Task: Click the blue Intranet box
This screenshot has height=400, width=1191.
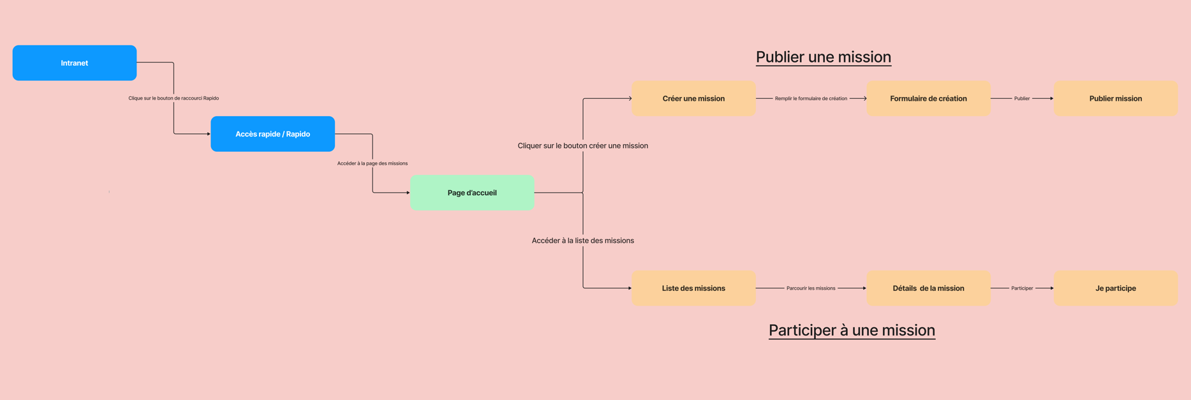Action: click(75, 63)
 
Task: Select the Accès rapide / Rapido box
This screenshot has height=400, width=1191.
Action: click(272, 134)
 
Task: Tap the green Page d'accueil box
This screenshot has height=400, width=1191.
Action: click(472, 193)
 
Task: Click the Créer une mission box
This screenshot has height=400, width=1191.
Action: click(693, 98)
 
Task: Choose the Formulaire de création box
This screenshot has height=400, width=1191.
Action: click(928, 98)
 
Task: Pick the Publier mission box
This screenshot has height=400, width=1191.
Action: click(1115, 98)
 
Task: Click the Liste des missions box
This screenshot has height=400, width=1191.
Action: click(693, 288)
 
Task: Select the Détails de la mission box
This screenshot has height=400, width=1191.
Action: click(928, 288)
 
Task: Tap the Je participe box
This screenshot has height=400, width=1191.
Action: click(1115, 288)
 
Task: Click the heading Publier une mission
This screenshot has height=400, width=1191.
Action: click(823, 57)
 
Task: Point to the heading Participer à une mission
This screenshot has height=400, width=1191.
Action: click(852, 330)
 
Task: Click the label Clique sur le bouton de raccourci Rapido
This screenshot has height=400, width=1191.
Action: click(174, 98)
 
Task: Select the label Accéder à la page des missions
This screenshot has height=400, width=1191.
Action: click(373, 163)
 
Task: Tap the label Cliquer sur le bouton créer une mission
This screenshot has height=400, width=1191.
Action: click(582, 145)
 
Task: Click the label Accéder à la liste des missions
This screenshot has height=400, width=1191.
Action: click(582, 241)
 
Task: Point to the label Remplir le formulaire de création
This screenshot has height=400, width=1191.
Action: click(811, 98)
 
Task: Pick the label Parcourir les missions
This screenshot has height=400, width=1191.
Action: click(811, 288)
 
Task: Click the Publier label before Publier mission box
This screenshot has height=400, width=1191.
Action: click(1021, 98)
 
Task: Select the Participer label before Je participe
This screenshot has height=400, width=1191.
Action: click(1021, 288)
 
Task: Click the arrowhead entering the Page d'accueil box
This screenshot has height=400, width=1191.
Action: click(408, 193)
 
